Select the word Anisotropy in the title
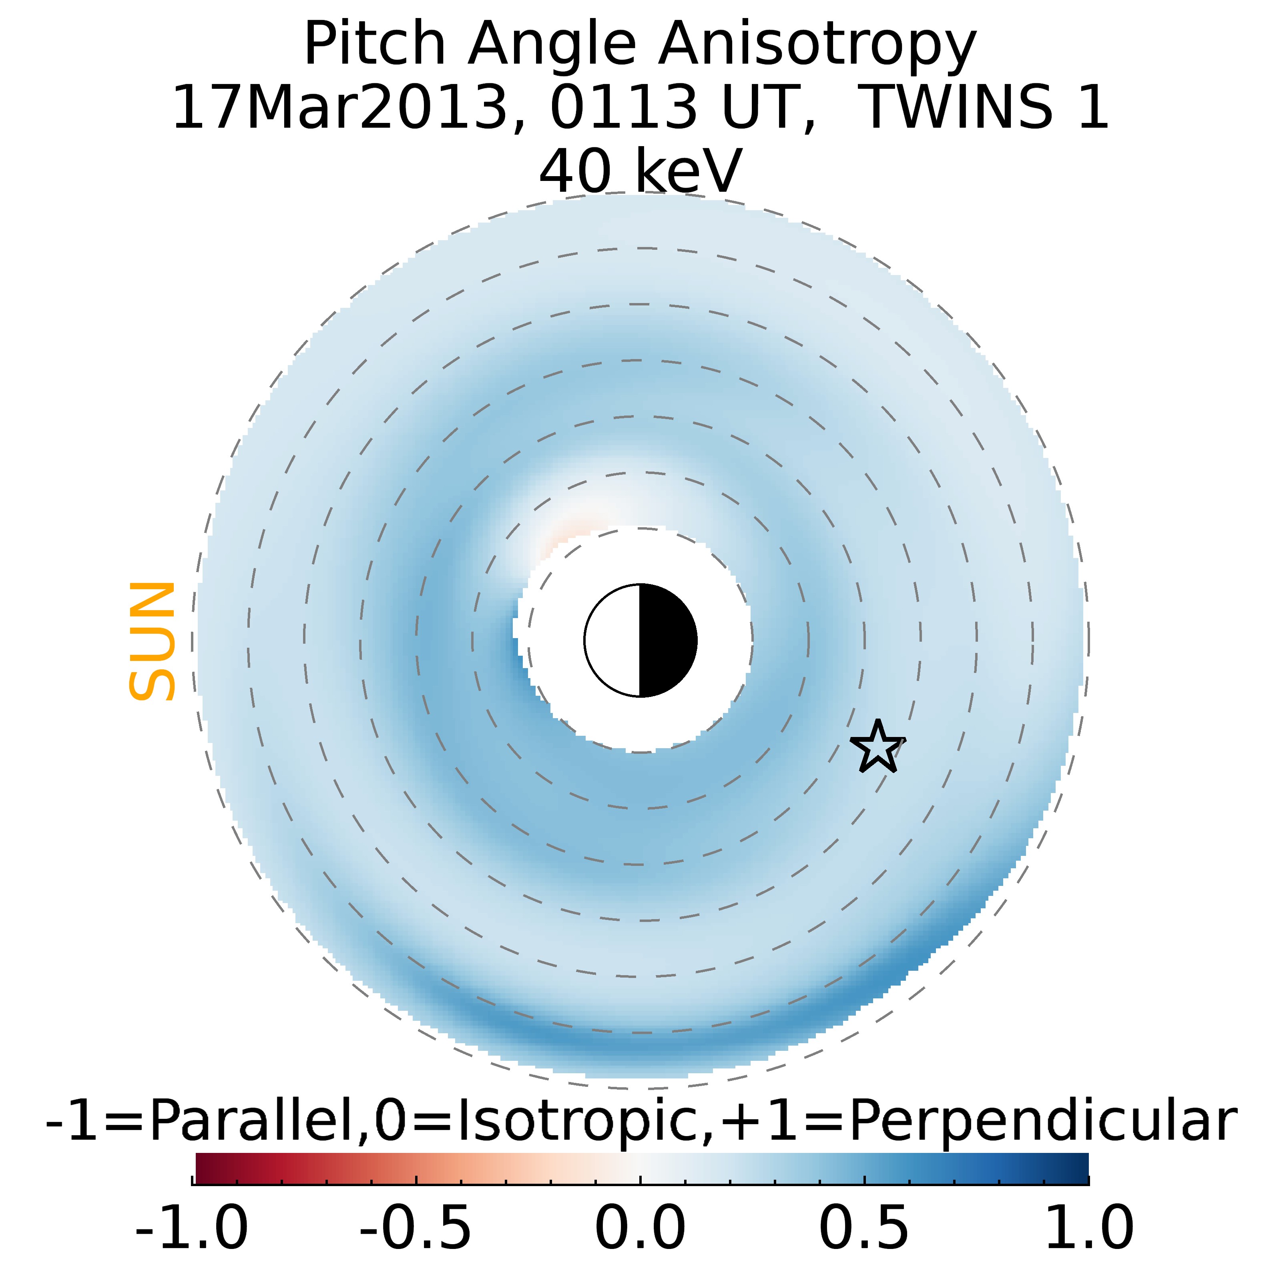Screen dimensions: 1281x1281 tap(817, 45)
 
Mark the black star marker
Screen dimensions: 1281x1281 tap(877, 748)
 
